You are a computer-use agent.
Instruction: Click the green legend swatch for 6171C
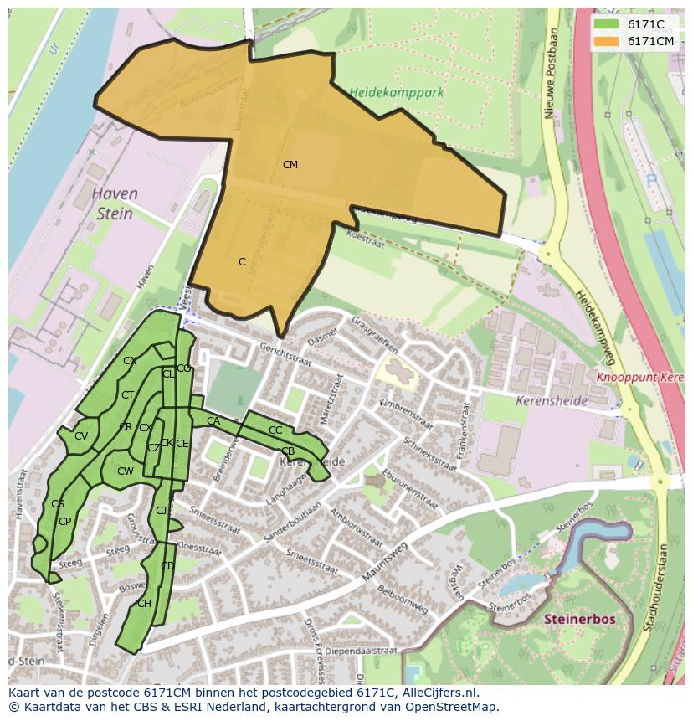[x=606, y=24]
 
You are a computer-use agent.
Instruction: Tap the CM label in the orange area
[x=290, y=165]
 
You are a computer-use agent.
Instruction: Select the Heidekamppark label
[x=396, y=92]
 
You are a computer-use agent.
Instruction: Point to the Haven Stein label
[x=115, y=203]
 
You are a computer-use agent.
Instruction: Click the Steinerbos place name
[x=580, y=619]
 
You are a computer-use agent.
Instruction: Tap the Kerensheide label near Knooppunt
[x=552, y=401]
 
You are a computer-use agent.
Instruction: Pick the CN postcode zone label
[x=130, y=361]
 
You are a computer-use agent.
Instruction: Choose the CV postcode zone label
[x=81, y=435]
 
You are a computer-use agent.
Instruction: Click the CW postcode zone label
[x=126, y=471]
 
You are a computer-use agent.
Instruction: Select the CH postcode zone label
[x=144, y=604]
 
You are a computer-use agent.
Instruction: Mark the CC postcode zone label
[x=275, y=430]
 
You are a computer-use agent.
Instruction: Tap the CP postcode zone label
[x=64, y=521]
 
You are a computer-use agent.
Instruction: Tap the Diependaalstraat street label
[x=362, y=649]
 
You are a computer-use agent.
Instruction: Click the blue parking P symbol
[x=651, y=181]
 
